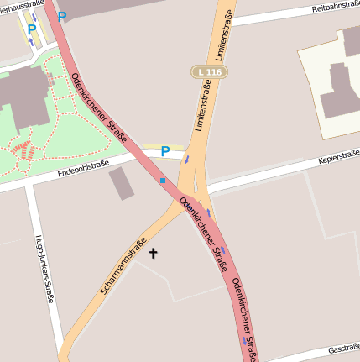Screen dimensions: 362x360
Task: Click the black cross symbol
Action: coord(153,252)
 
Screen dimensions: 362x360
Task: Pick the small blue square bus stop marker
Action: coord(163,180)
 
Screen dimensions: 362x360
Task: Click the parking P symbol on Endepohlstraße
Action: coord(165,151)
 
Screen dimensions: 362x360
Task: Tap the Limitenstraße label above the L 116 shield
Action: coord(222,34)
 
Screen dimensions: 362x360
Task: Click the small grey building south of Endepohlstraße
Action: coord(123,183)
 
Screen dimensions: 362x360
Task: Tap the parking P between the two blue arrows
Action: coord(32,29)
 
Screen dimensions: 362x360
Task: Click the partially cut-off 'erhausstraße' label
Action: coord(20,4)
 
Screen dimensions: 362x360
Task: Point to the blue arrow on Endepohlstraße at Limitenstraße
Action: coord(187,158)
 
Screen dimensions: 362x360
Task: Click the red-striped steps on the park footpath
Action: coord(27,151)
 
